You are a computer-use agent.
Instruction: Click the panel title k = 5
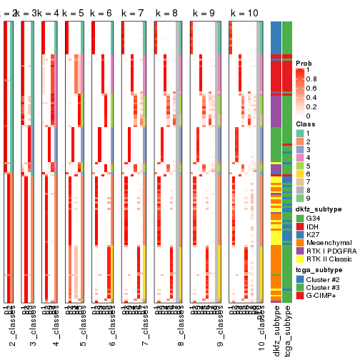pos(74,14)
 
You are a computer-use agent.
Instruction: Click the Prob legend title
pos(305,64)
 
